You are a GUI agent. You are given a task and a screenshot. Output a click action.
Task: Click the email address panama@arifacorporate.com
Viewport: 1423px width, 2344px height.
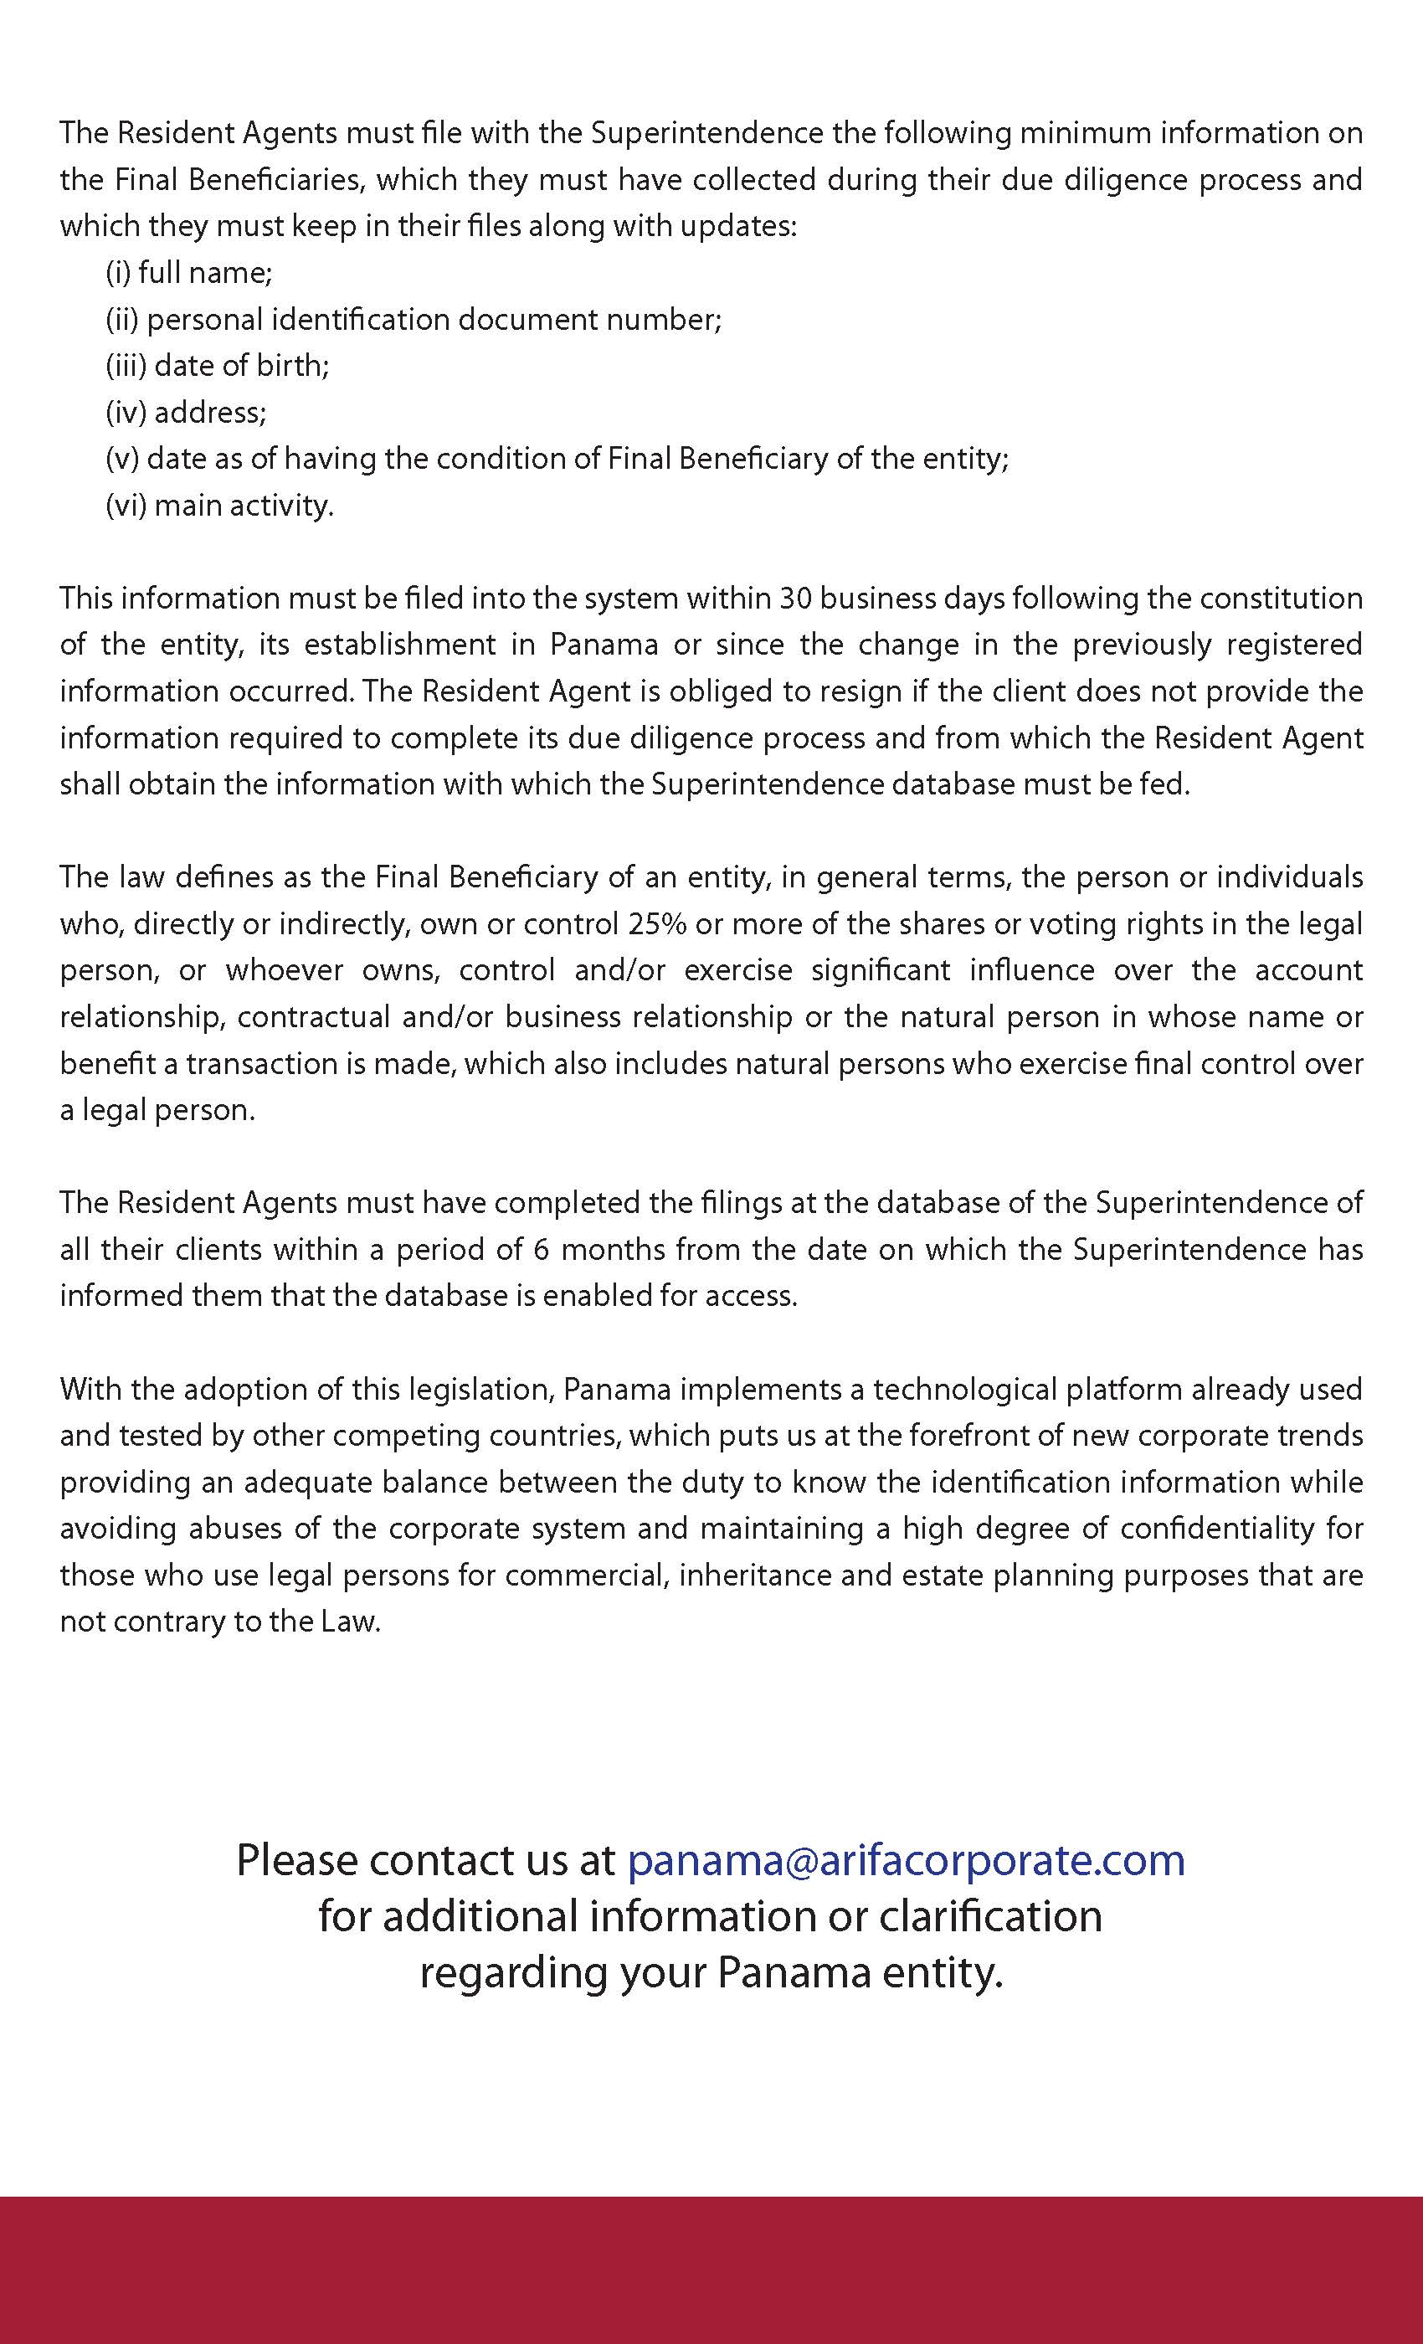(906, 1860)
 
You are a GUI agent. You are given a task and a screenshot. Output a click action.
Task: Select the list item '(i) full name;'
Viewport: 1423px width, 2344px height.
(189, 273)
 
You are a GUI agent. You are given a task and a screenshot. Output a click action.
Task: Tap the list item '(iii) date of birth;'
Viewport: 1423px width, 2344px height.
(218, 365)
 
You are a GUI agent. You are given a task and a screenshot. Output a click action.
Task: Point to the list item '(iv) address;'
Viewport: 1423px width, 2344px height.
(187, 412)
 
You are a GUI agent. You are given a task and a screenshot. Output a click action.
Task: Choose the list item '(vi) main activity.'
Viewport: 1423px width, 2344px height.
(219, 505)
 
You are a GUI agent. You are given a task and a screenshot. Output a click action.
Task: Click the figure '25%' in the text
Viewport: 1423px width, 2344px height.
(657, 923)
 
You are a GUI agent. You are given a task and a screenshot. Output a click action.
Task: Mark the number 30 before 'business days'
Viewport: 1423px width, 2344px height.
(795, 599)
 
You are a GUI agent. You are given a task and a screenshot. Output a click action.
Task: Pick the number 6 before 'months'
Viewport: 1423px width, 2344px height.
(542, 1249)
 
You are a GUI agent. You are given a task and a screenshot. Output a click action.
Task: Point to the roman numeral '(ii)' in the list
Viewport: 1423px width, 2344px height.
(121, 320)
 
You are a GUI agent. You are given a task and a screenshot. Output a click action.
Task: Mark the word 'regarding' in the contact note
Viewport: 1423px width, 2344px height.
(516, 1972)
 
